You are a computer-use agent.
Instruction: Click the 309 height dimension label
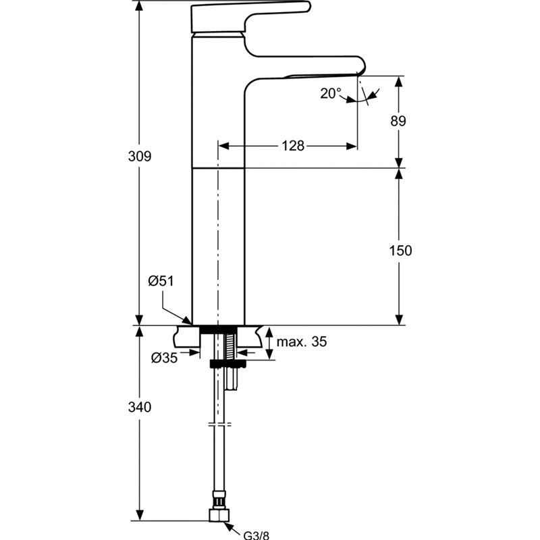tap(140, 157)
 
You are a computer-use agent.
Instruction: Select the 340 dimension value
tap(140, 407)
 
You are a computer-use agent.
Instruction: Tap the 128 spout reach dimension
tap(293, 146)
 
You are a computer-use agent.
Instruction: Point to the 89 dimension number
tap(398, 121)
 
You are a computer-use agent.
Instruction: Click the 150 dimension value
tap(400, 250)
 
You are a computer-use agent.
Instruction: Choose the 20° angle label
tap(331, 93)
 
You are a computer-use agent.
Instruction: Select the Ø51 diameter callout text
tap(161, 281)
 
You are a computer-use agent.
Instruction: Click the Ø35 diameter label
tap(164, 358)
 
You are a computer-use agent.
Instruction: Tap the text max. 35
tap(302, 342)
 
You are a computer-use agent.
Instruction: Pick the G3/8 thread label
tap(256, 535)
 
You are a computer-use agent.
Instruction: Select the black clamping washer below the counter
tap(227, 364)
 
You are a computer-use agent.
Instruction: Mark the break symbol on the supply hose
tap(220, 424)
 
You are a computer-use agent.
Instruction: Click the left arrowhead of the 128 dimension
tap(224, 146)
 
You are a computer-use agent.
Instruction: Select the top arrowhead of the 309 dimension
tap(139, 6)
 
